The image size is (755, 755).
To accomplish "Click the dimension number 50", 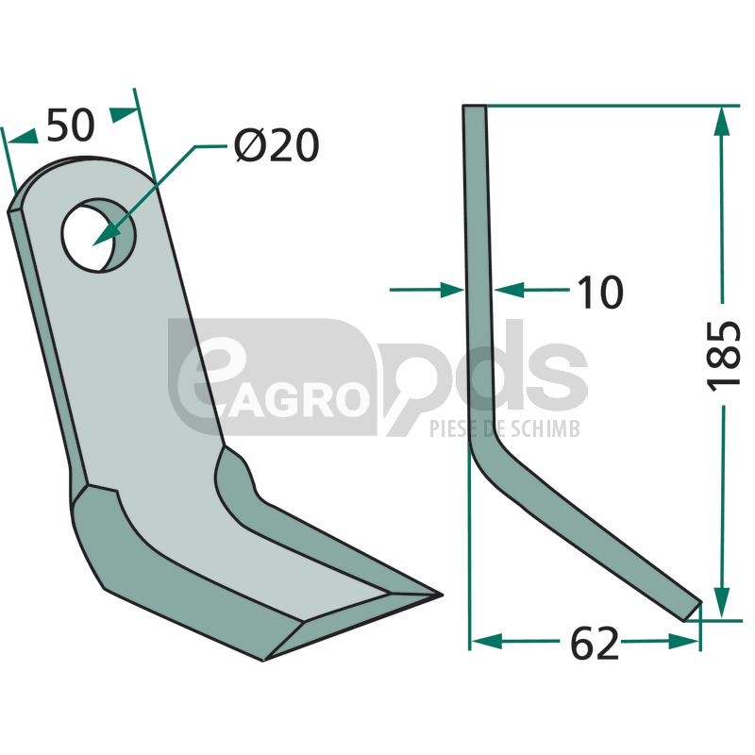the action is (70, 126).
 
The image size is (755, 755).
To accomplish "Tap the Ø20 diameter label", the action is (277, 145).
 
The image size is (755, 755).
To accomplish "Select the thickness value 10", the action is (600, 293).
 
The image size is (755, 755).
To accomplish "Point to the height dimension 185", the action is (723, 355).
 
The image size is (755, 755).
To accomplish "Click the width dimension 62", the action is (595, 644).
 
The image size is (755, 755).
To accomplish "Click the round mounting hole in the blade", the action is (99, 235).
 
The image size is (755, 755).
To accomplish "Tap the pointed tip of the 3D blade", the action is (441, 596).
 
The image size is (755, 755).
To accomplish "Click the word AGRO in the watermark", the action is (295, 398).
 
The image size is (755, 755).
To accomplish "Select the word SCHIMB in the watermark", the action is (545, 428).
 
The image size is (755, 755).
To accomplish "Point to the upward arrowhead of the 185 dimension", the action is (721, 121).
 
